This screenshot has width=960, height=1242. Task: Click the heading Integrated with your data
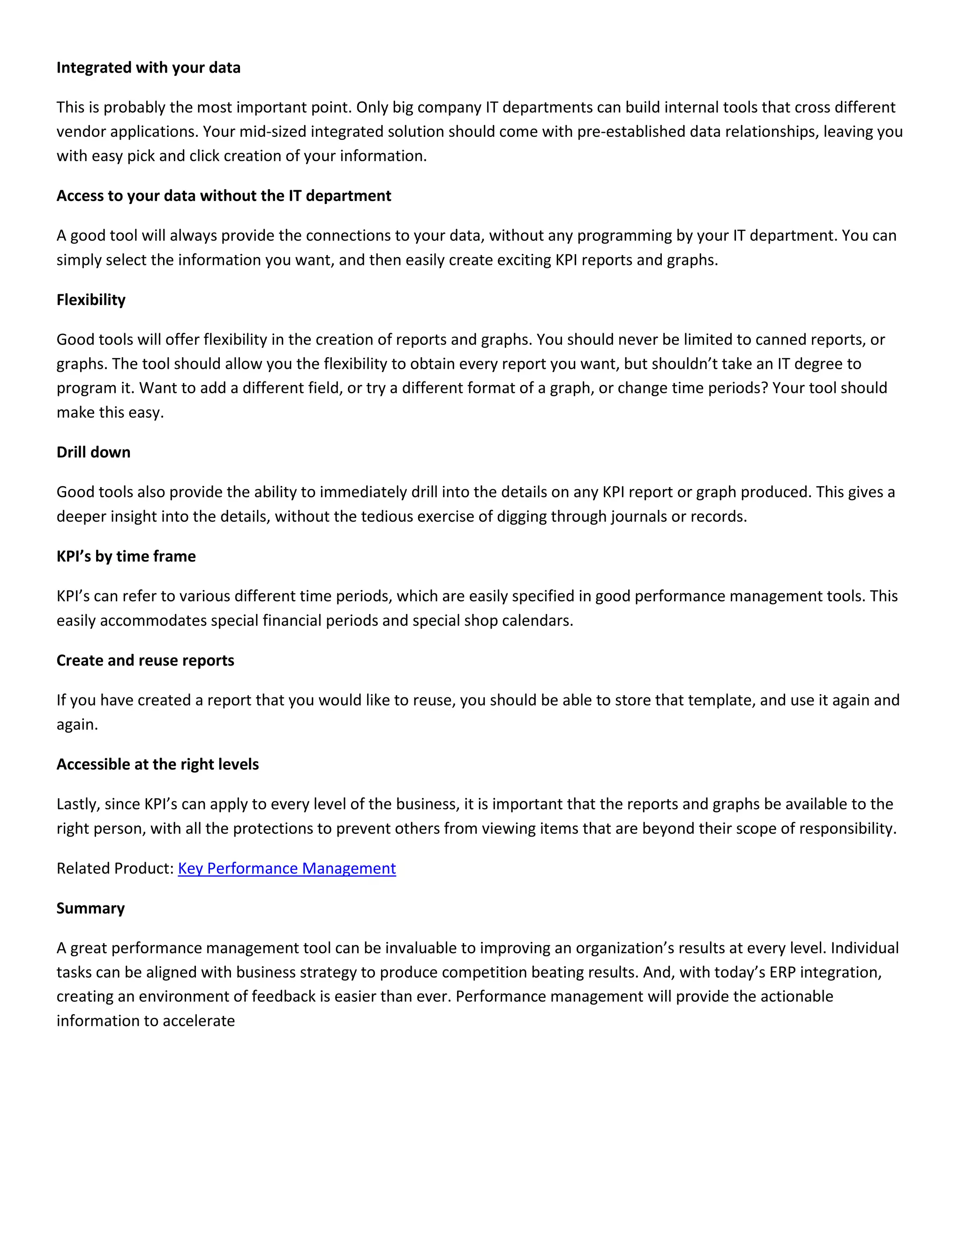(149, 67)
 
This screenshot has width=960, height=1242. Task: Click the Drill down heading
(93, 452)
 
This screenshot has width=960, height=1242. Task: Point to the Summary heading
(90, 908)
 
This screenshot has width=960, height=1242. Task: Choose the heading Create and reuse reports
(145, 660)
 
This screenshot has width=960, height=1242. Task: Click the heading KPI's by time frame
(126, 556)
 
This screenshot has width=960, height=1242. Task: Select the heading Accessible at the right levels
(157, 764)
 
